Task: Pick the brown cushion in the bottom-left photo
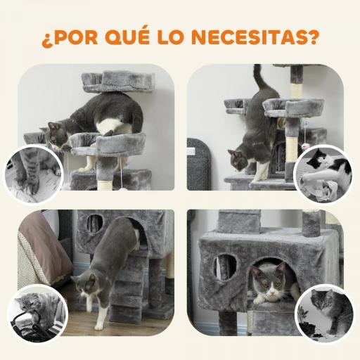click(42, 246)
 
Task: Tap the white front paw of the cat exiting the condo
click(98, 323)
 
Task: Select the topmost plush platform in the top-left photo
click(112, 81)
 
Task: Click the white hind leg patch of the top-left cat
click(109, 127)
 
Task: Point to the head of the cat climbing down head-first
click(238, 160)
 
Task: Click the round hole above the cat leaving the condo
click(94, 224)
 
